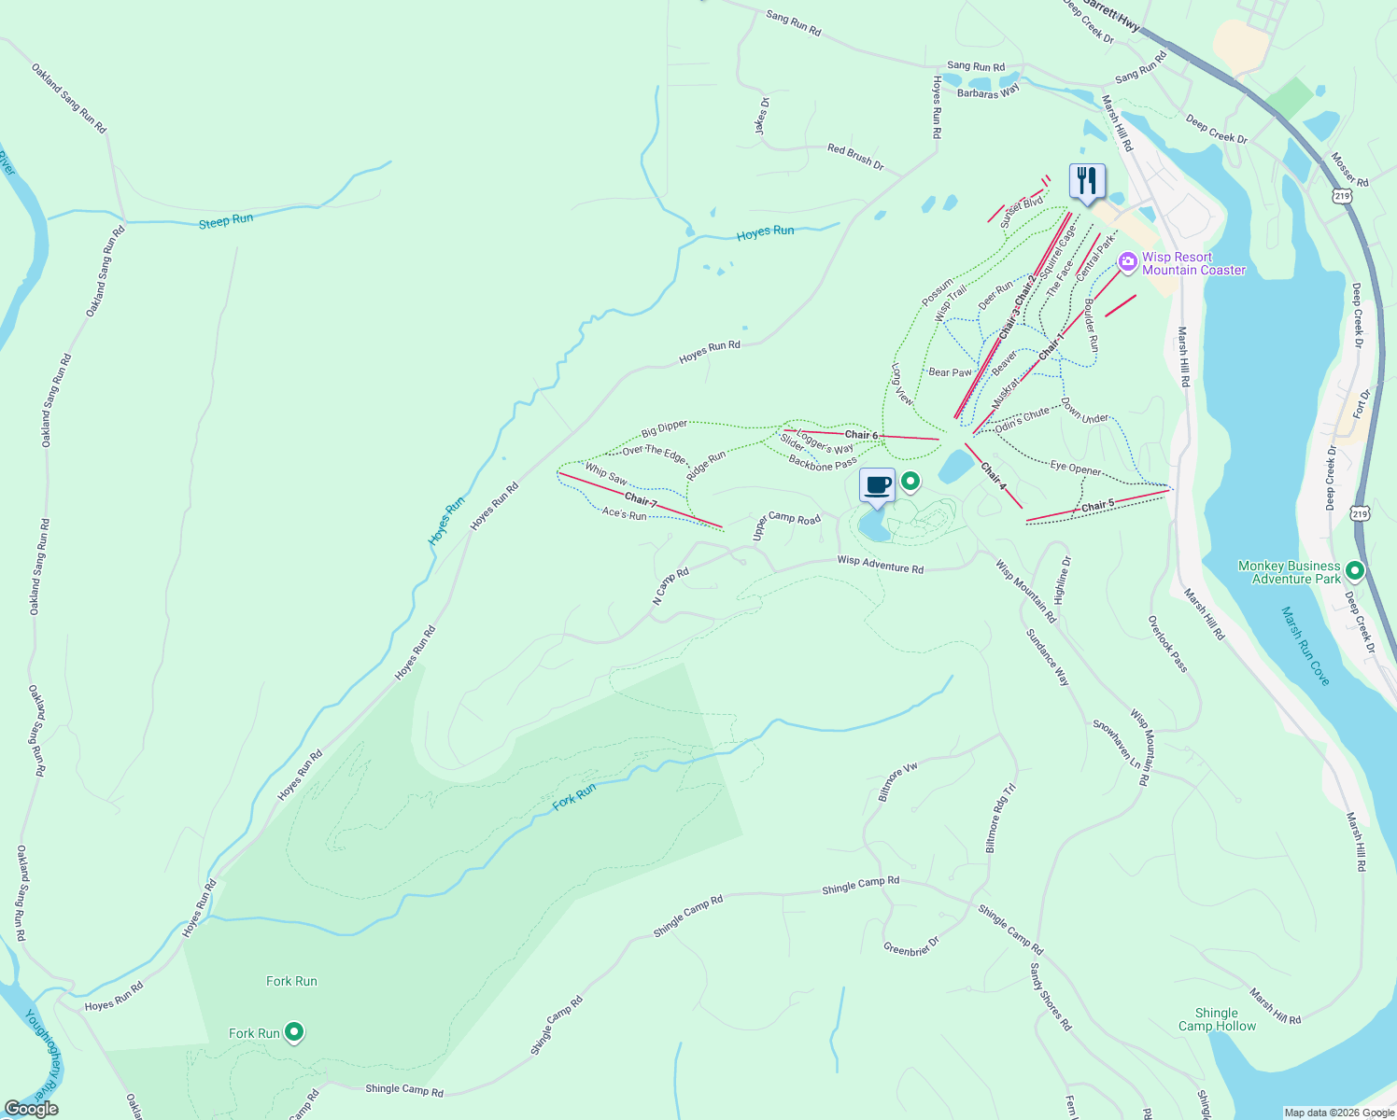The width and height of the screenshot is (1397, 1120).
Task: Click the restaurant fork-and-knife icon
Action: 1087,179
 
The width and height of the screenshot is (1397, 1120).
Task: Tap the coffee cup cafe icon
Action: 877,485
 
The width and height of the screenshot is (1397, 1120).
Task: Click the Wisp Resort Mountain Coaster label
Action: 1192,264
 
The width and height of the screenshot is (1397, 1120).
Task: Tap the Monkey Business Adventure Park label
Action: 1289,572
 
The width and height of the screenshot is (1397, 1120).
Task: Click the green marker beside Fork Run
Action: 294,1032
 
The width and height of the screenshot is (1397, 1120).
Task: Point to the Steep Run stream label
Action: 226,221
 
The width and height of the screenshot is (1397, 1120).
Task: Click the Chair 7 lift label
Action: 641,501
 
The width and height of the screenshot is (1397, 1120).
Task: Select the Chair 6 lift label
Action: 861,435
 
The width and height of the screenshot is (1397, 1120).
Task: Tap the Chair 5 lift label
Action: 1097,506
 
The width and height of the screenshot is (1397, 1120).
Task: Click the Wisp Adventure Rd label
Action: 880,564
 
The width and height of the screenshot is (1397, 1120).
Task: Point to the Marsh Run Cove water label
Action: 1305,646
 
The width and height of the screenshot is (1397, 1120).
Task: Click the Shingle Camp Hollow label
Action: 1217,1019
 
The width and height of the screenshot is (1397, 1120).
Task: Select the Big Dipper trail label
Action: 664,428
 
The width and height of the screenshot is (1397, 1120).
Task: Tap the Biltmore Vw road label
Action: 898,782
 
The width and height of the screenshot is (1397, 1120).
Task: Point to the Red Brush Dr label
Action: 854,156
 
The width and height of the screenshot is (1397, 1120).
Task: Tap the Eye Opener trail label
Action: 1075,468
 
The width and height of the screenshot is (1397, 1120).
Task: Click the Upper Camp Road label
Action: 786,524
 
